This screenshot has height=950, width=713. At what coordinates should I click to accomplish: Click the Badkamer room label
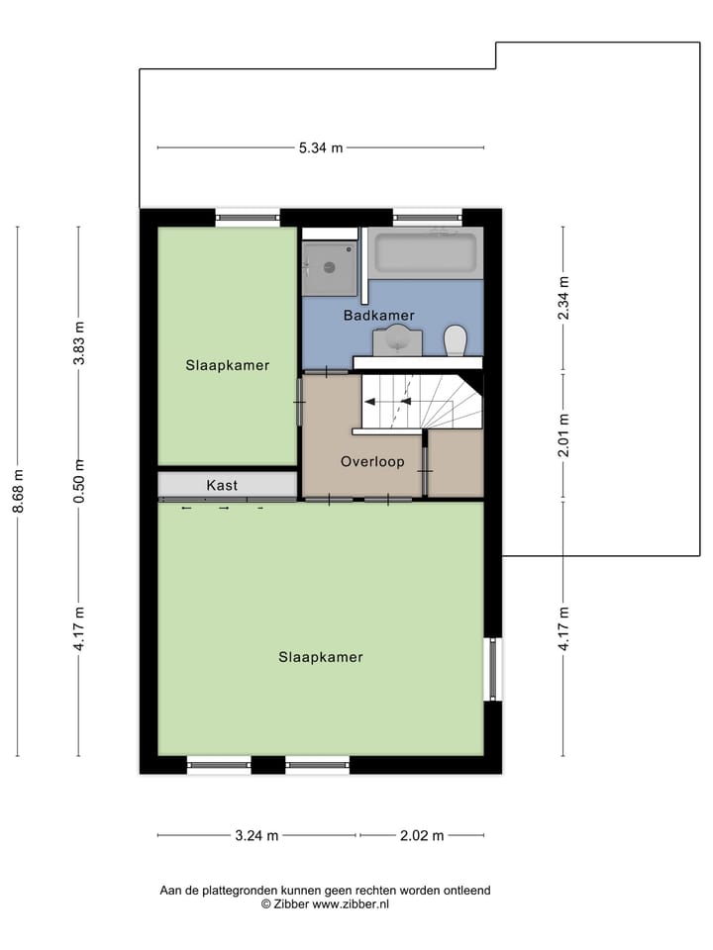[378, 316]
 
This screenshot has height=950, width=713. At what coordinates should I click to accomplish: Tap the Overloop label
[372, 461]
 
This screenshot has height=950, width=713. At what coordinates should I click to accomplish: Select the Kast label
[222, 485]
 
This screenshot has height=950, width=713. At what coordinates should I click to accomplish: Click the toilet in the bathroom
[456, 340]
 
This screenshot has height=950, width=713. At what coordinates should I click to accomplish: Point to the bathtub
[426, 252]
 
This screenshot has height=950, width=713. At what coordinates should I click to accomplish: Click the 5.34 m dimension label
[320, 148]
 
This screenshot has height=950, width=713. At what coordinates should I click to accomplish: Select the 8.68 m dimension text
[18, 491]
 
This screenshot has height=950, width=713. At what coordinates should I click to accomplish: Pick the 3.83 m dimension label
[79, 344]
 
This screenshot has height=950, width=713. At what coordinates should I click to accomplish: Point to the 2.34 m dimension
[563, 297]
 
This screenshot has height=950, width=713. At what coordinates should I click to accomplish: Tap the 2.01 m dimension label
[563, 435]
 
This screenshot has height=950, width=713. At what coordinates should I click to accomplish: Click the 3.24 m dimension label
[256, 835]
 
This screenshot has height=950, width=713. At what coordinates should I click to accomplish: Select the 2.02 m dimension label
[421, 835]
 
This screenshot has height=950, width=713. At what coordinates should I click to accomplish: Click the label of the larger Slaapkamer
[320, 657]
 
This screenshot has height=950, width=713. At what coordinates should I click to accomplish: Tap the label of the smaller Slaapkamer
[227, 365]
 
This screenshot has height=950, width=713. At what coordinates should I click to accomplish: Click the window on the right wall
[493, 669]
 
